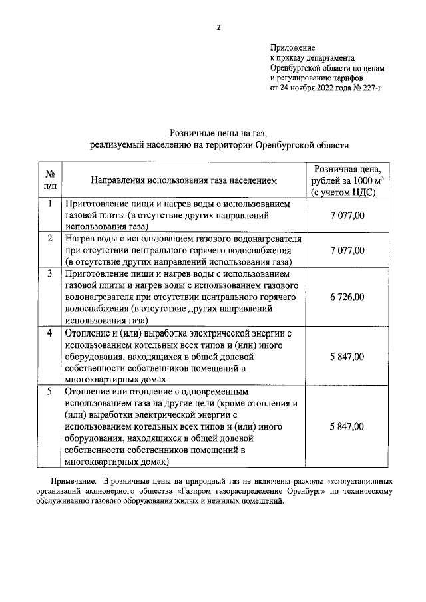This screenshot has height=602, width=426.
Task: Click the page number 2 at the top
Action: (x=217, y=27)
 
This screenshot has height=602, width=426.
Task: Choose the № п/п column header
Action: (x=49, y=180)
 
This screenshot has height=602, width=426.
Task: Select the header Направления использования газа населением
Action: (x=182, y=180)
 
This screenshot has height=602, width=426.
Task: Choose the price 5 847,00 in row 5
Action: (x=347, y=426)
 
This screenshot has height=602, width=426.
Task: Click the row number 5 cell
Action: (x=49, y=392)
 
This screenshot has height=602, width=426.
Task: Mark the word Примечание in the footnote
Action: (x=74, y=480)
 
